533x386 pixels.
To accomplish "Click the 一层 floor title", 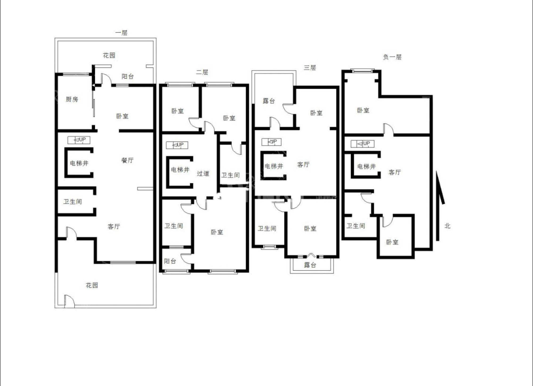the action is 121,33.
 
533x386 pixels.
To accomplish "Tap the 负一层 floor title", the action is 392,57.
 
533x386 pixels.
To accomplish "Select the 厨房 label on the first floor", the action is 72,99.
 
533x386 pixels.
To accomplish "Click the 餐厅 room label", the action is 127,160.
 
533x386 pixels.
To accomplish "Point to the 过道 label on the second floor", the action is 203,174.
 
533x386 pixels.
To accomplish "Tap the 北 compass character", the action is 447,226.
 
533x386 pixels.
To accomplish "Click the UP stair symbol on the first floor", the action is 79,140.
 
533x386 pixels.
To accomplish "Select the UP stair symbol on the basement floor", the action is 362,144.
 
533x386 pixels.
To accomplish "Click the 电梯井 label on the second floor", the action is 180,170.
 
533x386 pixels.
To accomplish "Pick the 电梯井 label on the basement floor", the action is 366,167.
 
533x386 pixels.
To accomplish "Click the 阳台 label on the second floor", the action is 170,261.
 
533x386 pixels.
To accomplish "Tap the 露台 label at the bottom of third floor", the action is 310,265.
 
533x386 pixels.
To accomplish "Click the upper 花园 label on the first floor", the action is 109,55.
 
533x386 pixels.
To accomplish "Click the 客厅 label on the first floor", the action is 114,227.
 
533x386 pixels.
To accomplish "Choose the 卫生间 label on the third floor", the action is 267,228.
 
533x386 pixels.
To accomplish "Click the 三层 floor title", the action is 310,68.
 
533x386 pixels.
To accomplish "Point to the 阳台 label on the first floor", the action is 128,77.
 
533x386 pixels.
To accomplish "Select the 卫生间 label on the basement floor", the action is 356,226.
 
